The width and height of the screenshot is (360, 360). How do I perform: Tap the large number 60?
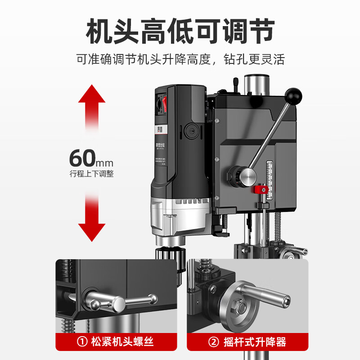tap(83, 158)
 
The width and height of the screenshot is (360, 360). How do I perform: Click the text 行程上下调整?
tap(91, 174)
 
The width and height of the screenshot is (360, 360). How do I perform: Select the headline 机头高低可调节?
tap(180, 31)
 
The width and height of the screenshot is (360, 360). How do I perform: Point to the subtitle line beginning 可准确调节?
tap(180, 59)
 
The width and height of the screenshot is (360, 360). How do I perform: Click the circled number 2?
tap(214, 342)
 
